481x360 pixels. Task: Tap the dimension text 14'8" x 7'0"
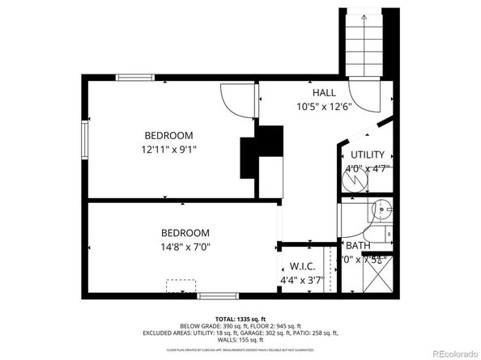coord(185,247)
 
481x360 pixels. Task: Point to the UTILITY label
coord(367,155)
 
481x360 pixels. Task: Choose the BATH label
coord(358,245)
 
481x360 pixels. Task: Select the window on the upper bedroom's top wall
coord(135,78)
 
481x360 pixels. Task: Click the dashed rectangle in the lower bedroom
coord(182,287)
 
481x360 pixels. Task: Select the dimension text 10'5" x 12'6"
coord(324,107)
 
